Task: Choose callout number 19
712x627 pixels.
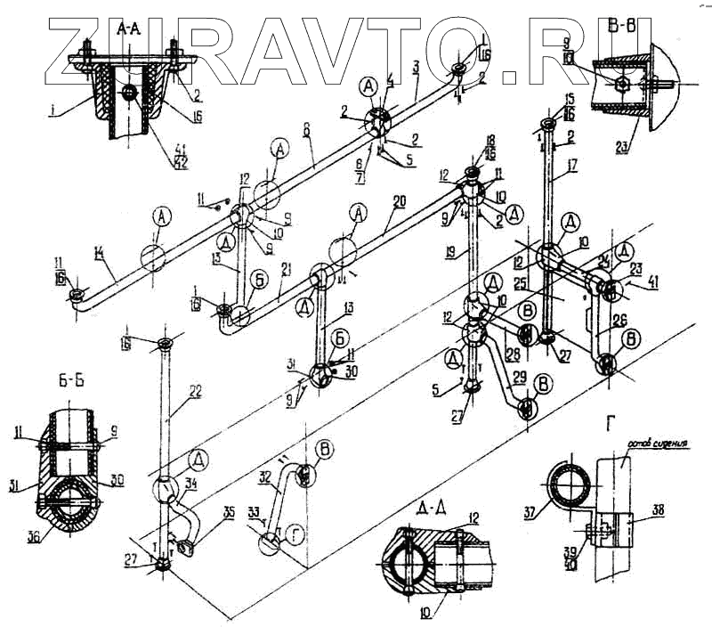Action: pos(453,252)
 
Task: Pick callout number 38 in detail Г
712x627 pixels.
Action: pos(657,510)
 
